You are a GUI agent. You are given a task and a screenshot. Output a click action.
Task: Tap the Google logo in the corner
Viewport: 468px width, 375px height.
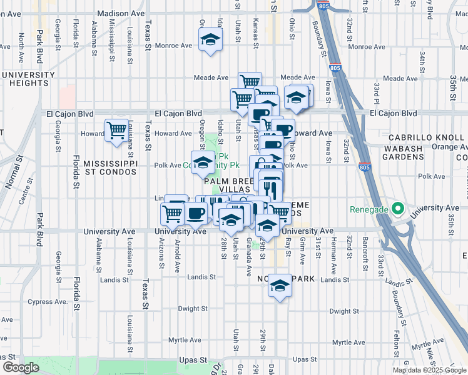click(20, 367)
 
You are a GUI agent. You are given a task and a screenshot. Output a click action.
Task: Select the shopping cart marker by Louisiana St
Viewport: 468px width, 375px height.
click(117, 131)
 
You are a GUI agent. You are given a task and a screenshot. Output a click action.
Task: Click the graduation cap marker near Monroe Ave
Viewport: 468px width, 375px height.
click(211, 41)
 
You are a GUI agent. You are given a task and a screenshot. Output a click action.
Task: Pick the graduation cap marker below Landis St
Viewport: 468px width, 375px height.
click(280, 286)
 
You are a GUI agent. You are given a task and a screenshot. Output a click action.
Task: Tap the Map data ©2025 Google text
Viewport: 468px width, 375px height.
click(429, 370)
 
